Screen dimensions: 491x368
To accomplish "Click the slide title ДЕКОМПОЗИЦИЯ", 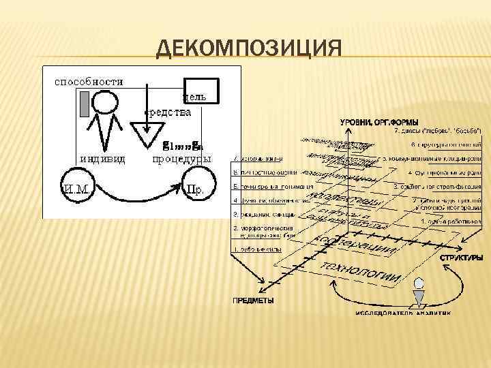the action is click(248, 50).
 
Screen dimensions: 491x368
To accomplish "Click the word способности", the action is click(89, 81).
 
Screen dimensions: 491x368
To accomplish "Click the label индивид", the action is click(102, 159).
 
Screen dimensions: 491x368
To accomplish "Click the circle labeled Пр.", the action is click(194, 187).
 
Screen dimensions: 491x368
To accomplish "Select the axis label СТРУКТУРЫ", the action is click(461, 258).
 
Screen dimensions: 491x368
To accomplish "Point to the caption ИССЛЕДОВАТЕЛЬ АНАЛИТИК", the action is click(402, 313).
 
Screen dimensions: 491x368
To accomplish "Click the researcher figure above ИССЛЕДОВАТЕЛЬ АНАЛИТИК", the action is click(417, 296).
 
